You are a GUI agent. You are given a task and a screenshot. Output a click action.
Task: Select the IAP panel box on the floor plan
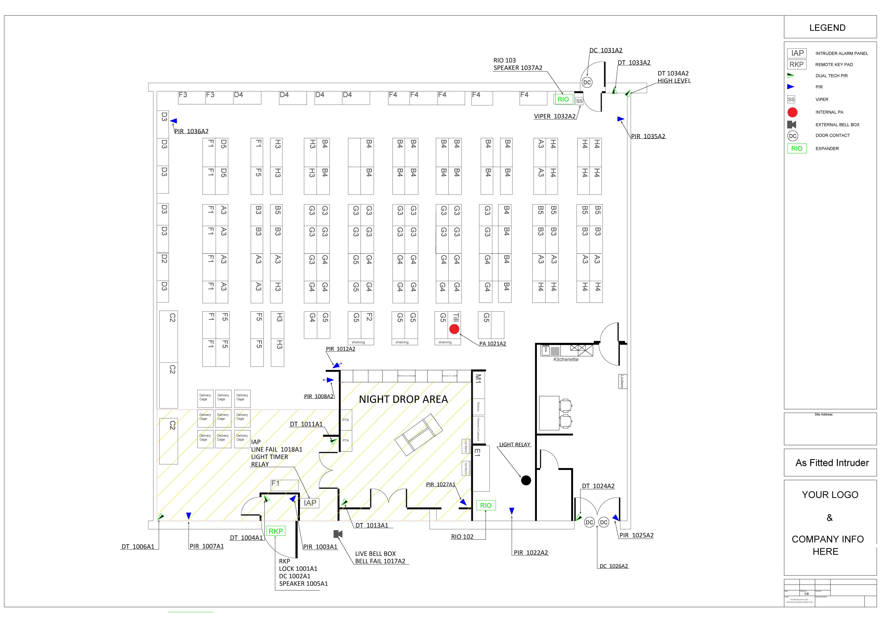(x=310, y=503)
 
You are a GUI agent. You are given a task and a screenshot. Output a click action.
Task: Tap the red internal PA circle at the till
(x=454, y=329)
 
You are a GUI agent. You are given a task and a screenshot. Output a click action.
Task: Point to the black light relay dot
(x=526, y=480)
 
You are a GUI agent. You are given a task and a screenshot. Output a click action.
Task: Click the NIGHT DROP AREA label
(x=403, y=399)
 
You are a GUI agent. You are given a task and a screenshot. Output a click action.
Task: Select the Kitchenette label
(x=566, y=359)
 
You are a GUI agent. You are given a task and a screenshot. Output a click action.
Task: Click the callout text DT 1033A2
(x=634, y=63)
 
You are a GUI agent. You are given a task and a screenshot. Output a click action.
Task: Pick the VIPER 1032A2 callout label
(x=554, y=116)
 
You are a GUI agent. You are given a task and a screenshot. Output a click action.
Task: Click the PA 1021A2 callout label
(x=492, y=344)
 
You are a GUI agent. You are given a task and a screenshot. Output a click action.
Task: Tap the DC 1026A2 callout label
(x=613, y=566)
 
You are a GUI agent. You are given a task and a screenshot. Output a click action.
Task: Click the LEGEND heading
(x=827, y=28)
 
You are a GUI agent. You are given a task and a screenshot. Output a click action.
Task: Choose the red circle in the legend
(x=792, y=112)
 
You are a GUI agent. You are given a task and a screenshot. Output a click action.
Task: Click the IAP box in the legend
(x=797, y=53)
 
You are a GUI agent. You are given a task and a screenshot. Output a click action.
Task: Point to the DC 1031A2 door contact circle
(x=587, y=82)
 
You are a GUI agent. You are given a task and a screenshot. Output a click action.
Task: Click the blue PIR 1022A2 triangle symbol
(x=512, y=511)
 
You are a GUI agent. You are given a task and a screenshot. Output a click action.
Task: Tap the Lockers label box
(x=622, y=381)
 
